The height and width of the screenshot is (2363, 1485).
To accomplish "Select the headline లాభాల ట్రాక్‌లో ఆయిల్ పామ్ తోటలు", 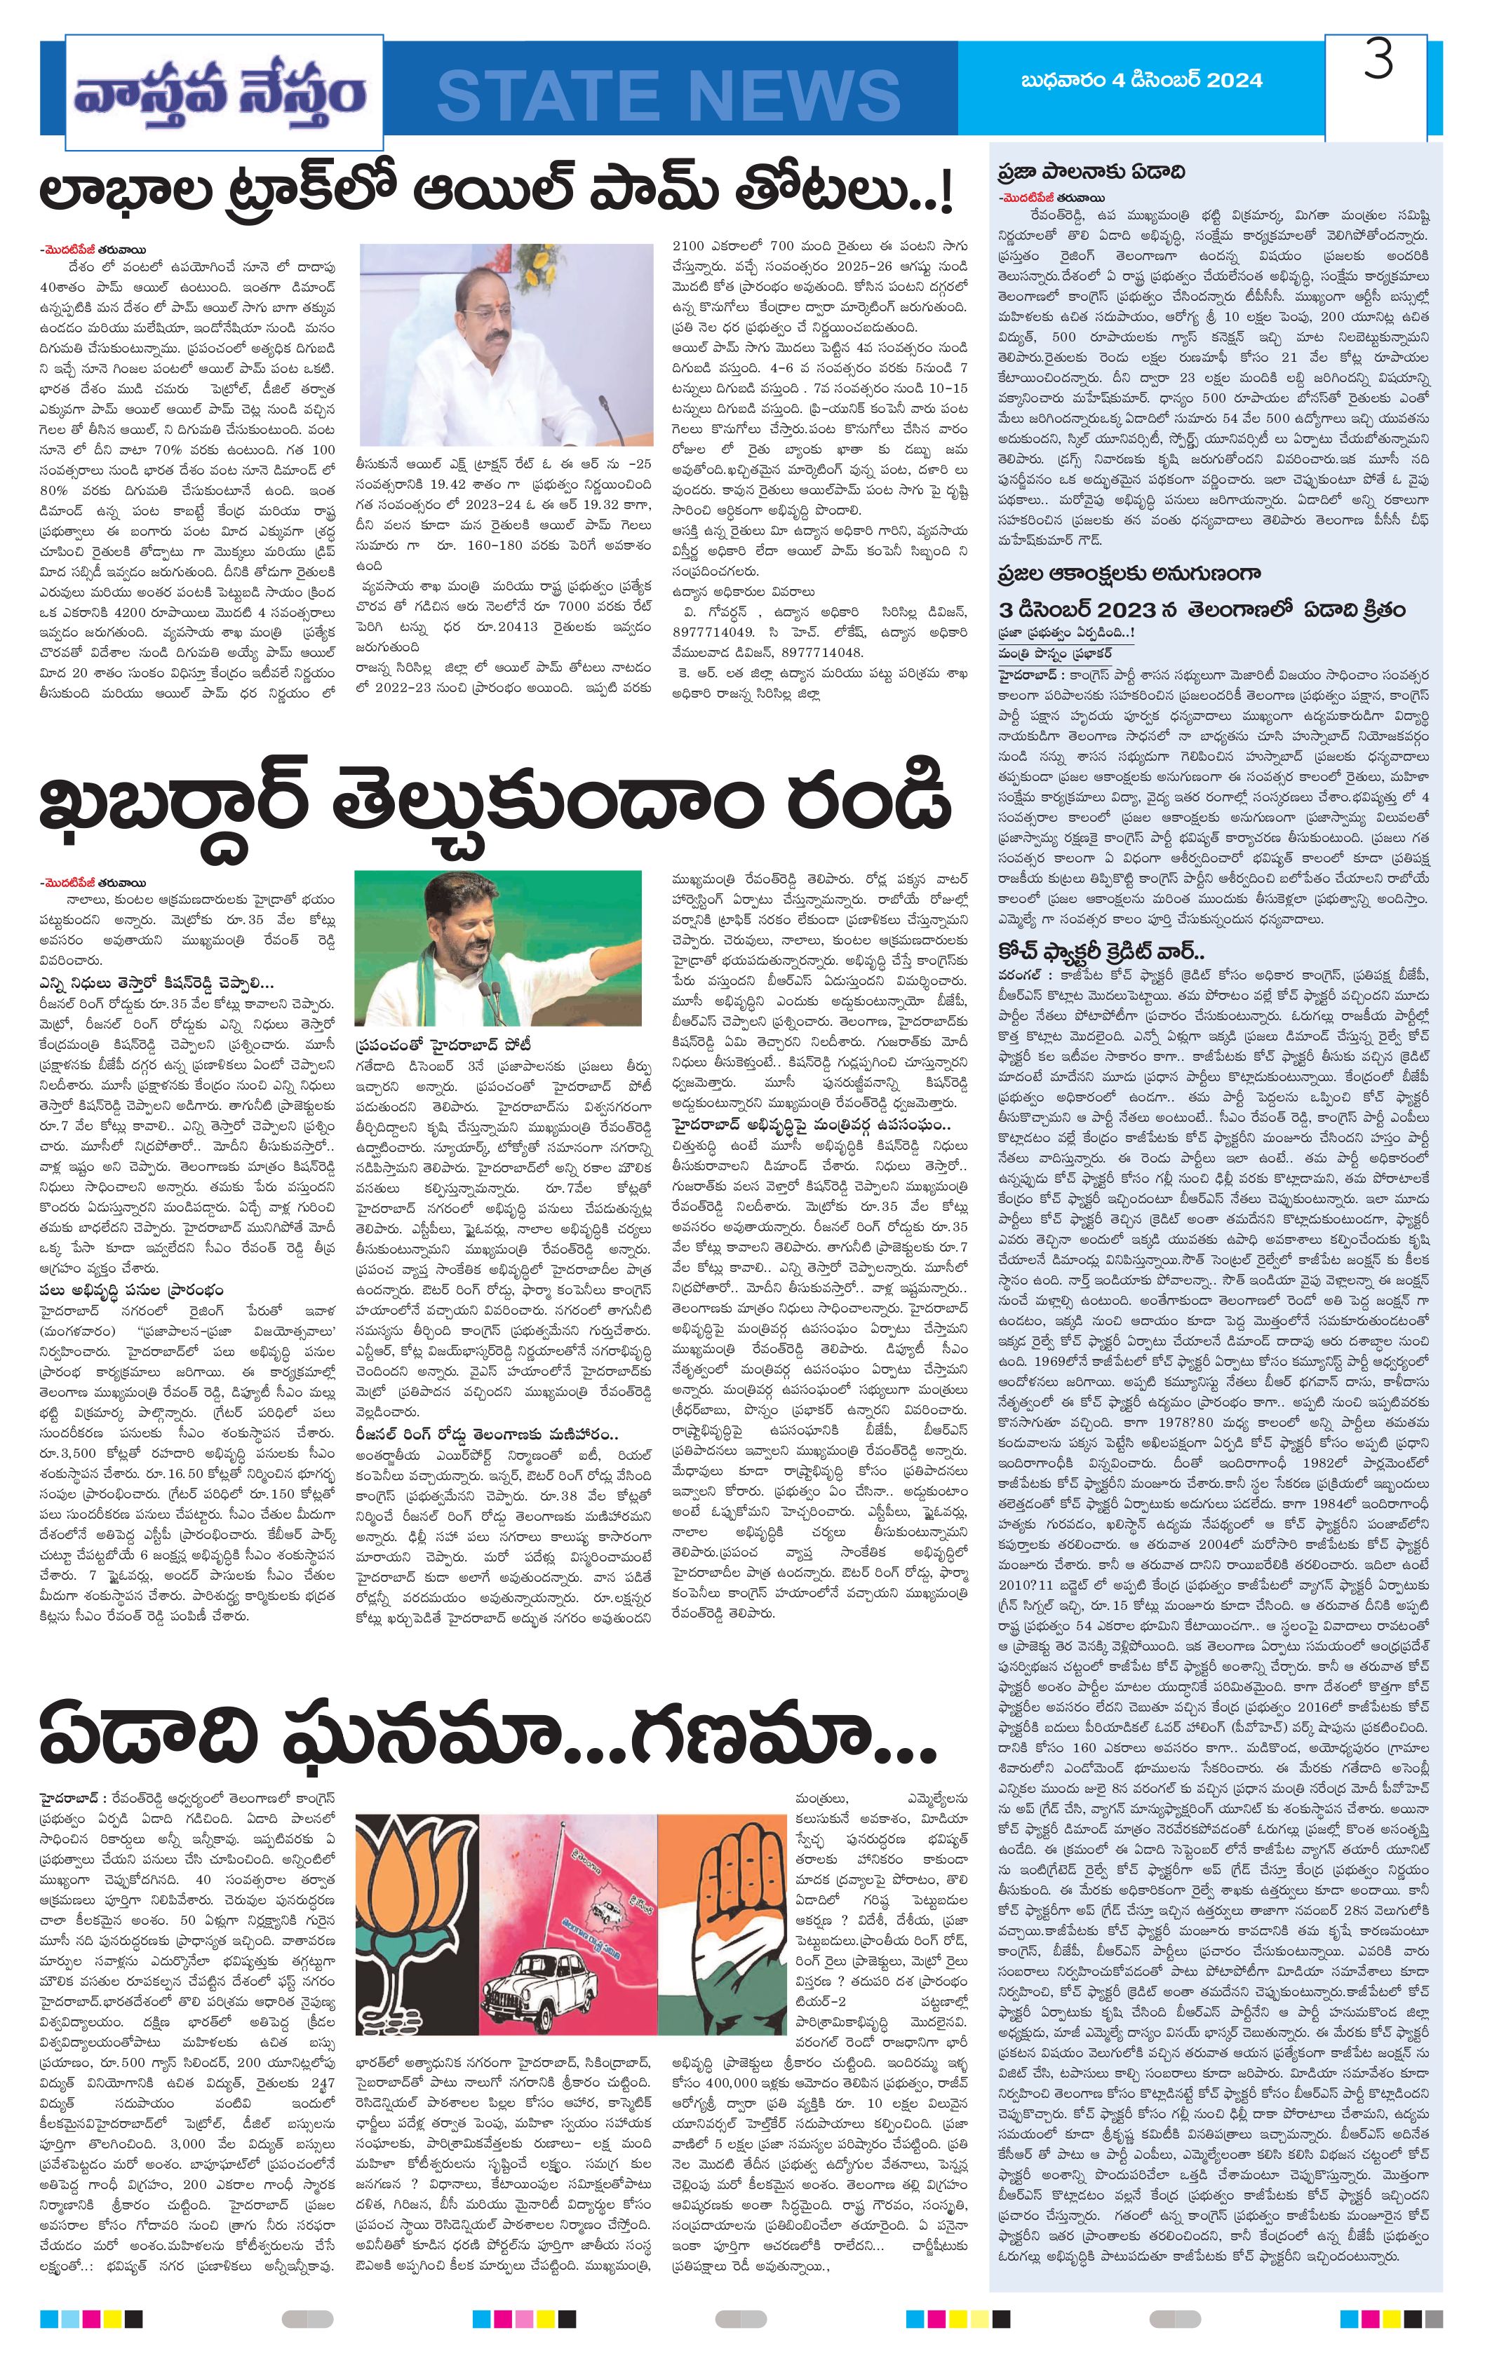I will tap(496, 192).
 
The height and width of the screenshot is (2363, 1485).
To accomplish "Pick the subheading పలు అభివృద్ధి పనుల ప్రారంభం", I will tap(130, 1289).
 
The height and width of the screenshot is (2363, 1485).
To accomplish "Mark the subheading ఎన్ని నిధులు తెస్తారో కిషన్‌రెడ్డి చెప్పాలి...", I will tap(156, 982).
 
